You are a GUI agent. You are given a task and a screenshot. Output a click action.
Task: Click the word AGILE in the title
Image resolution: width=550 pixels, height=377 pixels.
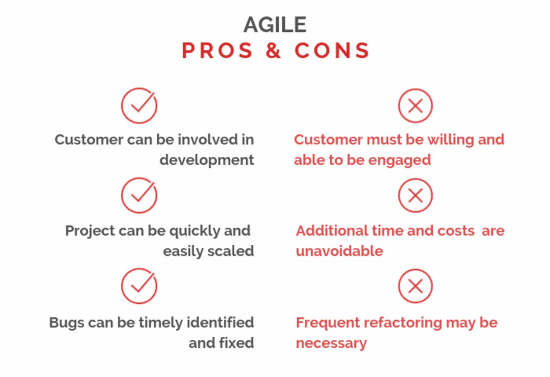[275, 25]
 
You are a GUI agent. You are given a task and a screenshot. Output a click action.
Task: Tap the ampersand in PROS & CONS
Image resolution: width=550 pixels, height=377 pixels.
[273, 50]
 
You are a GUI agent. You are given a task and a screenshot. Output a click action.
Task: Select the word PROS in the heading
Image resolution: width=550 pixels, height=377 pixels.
[217, 50]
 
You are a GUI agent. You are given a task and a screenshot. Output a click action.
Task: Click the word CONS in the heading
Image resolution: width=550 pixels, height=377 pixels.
[332, 50]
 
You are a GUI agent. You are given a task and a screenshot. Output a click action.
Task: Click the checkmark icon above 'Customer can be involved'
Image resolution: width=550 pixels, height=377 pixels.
[139, 106]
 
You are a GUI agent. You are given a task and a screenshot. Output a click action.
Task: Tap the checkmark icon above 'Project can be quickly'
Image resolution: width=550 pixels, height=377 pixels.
[139, 196]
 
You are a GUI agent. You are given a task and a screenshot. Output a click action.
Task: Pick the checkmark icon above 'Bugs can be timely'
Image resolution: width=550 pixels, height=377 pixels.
[139, 286]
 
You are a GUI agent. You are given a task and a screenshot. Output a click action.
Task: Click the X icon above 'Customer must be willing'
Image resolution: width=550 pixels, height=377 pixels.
[415, 106]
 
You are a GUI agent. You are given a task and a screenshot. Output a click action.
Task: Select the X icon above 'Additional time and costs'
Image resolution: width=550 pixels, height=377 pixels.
[415, 196]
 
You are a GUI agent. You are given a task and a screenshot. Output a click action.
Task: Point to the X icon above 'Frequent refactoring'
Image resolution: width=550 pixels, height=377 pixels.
[415, 286]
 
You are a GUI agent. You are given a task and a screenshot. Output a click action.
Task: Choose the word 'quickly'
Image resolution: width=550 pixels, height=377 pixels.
[194, 231]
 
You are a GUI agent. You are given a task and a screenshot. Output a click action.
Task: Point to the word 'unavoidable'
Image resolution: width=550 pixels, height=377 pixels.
[340, 251]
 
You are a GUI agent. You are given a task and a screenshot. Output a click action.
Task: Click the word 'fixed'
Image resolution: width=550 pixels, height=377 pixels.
[236, 343]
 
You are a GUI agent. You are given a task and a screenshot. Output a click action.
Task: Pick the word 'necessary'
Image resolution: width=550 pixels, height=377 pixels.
[331, 343]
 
